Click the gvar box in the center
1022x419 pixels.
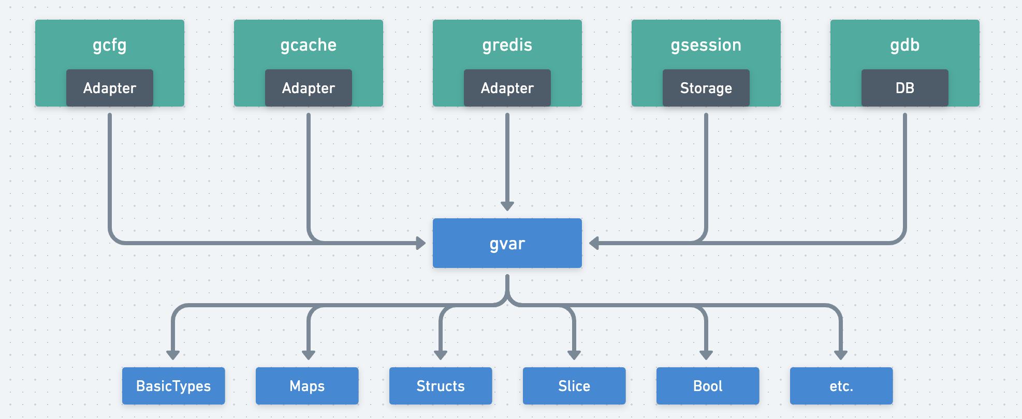(x=507, y=243)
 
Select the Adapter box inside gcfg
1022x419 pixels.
(x=110, y=88)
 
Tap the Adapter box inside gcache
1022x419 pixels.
(x=308, y=88)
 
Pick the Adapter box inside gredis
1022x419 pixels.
(x=507, y=88)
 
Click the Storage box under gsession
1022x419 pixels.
(x=706, y=88)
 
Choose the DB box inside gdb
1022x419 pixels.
(x=904, y=88)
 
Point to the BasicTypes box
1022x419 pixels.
(x=173, y=386)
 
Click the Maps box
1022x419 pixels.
(x=307, y=386)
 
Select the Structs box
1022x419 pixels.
(x=441, y=386)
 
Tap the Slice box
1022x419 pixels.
(x=574, y=386)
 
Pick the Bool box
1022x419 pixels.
(x=708, y=386)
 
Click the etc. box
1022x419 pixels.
(x=841, y=386)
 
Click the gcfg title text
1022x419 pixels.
(x=110, y=46)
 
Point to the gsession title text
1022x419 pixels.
(x=706, y=45)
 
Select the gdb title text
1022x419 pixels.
(x=904, y=45)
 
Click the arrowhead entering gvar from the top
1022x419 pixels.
(x=507, y=206)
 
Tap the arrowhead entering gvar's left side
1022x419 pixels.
(x=421, y=243)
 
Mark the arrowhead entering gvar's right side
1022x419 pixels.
(x=594, y=243)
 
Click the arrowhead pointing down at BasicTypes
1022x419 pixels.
(x=173, y=355)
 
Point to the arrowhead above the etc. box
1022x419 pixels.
(x=841, y=355)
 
